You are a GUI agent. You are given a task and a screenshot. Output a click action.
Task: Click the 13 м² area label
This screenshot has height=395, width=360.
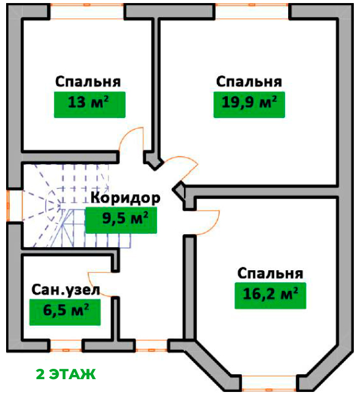90,105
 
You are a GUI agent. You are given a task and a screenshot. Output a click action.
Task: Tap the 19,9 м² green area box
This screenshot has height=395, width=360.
249,105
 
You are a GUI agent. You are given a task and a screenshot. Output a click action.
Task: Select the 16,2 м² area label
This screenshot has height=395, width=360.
270,296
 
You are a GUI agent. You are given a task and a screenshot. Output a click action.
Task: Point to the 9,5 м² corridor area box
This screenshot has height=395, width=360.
121,220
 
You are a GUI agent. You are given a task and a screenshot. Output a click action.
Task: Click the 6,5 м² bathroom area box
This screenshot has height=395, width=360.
65,312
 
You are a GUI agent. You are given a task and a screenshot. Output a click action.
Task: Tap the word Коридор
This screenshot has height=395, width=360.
125,198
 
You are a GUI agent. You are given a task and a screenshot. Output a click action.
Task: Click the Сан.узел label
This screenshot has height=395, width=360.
66,290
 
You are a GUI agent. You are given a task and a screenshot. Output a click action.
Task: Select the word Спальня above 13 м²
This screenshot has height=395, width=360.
88,82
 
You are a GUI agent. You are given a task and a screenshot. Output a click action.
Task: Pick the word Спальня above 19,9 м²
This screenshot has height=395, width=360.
249,82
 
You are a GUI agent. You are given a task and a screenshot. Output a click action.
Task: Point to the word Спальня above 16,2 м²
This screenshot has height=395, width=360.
270,273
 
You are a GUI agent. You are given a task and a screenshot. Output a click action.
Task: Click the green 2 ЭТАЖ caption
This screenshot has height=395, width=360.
66,374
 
